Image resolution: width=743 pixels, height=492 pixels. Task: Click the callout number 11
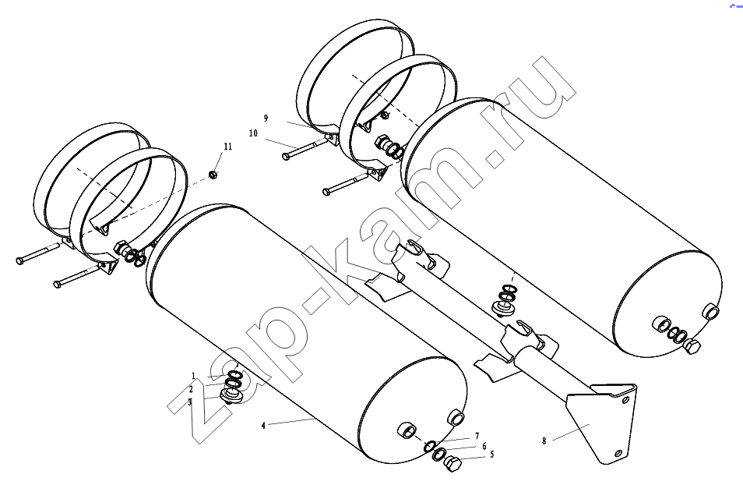click(228, 147)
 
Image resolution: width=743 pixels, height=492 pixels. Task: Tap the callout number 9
click(266, 119)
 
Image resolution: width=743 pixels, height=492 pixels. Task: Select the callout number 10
click(254, 133)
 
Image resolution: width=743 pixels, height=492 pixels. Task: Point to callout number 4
click(263, 426)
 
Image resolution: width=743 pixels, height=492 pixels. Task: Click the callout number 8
click(544, 441)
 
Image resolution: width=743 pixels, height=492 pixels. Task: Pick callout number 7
click(477, 436)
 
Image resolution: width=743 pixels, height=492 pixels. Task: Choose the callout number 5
click(492, 455)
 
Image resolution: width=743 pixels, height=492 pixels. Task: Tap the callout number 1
click(193, 377)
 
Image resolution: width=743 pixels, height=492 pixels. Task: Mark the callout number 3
click(190, 402)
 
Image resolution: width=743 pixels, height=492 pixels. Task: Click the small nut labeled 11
click(213, 175)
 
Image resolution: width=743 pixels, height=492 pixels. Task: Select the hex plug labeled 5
click(453, 463)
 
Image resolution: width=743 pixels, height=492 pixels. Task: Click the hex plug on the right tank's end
click(692, 349)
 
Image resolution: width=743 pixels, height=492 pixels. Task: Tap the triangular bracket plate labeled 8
click(603, 417)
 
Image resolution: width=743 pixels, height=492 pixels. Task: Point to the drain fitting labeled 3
click(231, 395)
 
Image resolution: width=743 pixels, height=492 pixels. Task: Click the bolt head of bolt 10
click(286, 156)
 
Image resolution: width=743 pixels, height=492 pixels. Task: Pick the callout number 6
click(484, 447)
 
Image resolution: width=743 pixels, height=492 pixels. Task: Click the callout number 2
click(191, 390)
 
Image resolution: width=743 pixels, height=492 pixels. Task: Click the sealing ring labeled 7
click(430, 446)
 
